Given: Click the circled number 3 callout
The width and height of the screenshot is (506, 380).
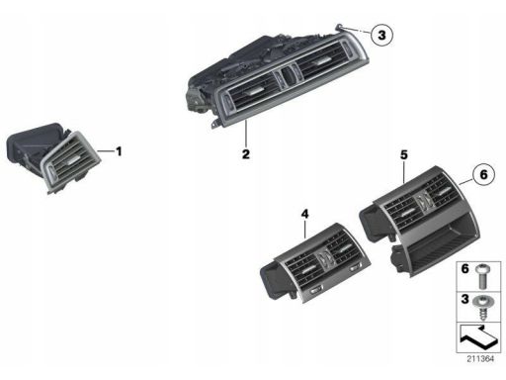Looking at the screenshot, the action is (381, 35).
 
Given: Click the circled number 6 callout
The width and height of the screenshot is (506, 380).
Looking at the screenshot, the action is (483, 174).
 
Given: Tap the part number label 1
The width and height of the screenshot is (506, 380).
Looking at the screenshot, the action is (119, 151).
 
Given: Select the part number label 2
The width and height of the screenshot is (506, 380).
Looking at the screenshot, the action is (246, 154).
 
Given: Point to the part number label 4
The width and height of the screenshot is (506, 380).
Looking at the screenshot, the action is (305, 214).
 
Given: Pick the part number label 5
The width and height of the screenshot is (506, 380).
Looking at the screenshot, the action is (404, 154).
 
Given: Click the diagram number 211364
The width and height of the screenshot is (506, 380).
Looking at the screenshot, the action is (480, 358).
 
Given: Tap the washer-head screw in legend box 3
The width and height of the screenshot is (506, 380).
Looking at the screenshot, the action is (483, 307).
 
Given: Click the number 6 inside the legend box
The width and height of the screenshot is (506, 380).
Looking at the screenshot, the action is (464, 269).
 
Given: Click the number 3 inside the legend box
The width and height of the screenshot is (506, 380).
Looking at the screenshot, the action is (464, 299).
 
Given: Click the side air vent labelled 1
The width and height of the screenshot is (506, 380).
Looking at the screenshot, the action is (52, 157).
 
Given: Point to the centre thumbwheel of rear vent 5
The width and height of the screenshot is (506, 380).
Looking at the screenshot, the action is (423, 201).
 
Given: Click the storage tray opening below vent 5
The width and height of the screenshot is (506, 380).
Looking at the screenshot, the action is (440, 245).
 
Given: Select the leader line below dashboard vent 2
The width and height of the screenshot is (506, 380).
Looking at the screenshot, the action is (246, 134).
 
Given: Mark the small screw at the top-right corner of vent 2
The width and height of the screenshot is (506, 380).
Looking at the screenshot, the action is (338, 27).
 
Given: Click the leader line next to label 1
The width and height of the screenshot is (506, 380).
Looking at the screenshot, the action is (106, 151).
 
